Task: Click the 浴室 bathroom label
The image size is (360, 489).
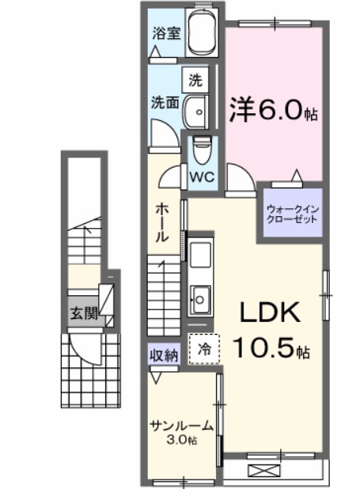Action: [x=166, y=33]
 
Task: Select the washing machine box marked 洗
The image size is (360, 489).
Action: [x=195, y=81]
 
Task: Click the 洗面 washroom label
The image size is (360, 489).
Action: [x=165, y=102]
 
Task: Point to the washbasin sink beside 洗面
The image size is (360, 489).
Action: [x=195, y=112]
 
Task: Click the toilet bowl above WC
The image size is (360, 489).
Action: [x=202, y=150]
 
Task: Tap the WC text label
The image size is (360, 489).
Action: [x=202, y=177]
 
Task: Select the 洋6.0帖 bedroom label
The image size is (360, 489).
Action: [x=274, y=111]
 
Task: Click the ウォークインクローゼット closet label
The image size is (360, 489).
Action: [x=292, y=214]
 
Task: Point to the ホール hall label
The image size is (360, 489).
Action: [x=162, y=222]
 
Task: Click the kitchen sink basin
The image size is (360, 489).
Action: [x=200, y=300]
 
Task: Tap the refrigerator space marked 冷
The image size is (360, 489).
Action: [x=204, y=349]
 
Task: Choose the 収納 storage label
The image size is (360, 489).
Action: [x=164, y=354]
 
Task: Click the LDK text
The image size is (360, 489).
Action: [x=270, y=313]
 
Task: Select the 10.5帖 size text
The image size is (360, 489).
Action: [x=271, y=347]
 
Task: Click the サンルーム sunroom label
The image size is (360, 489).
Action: [x=182, y=426]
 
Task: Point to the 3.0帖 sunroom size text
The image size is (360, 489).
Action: [x=182, y=440]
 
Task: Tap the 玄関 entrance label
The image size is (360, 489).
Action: [x=84, y=313]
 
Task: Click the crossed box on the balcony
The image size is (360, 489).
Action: [x=263, y=470]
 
